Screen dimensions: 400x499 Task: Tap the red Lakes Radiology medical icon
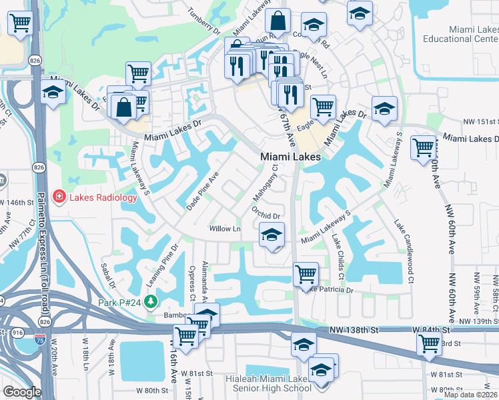tap(60, 197)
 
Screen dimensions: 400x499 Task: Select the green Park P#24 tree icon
tap(151, 301)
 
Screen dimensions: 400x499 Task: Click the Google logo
tap(21, 392)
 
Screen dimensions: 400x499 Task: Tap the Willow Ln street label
tap(225, 229)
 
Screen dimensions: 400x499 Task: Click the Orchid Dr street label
tap(266, 211)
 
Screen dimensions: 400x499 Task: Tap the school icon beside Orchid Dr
tap(272, 235)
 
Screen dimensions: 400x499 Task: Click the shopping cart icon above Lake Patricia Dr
tap(306, 273)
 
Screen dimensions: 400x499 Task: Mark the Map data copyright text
tap(471, 395)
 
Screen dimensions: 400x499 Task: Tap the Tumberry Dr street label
tap(203, 21)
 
